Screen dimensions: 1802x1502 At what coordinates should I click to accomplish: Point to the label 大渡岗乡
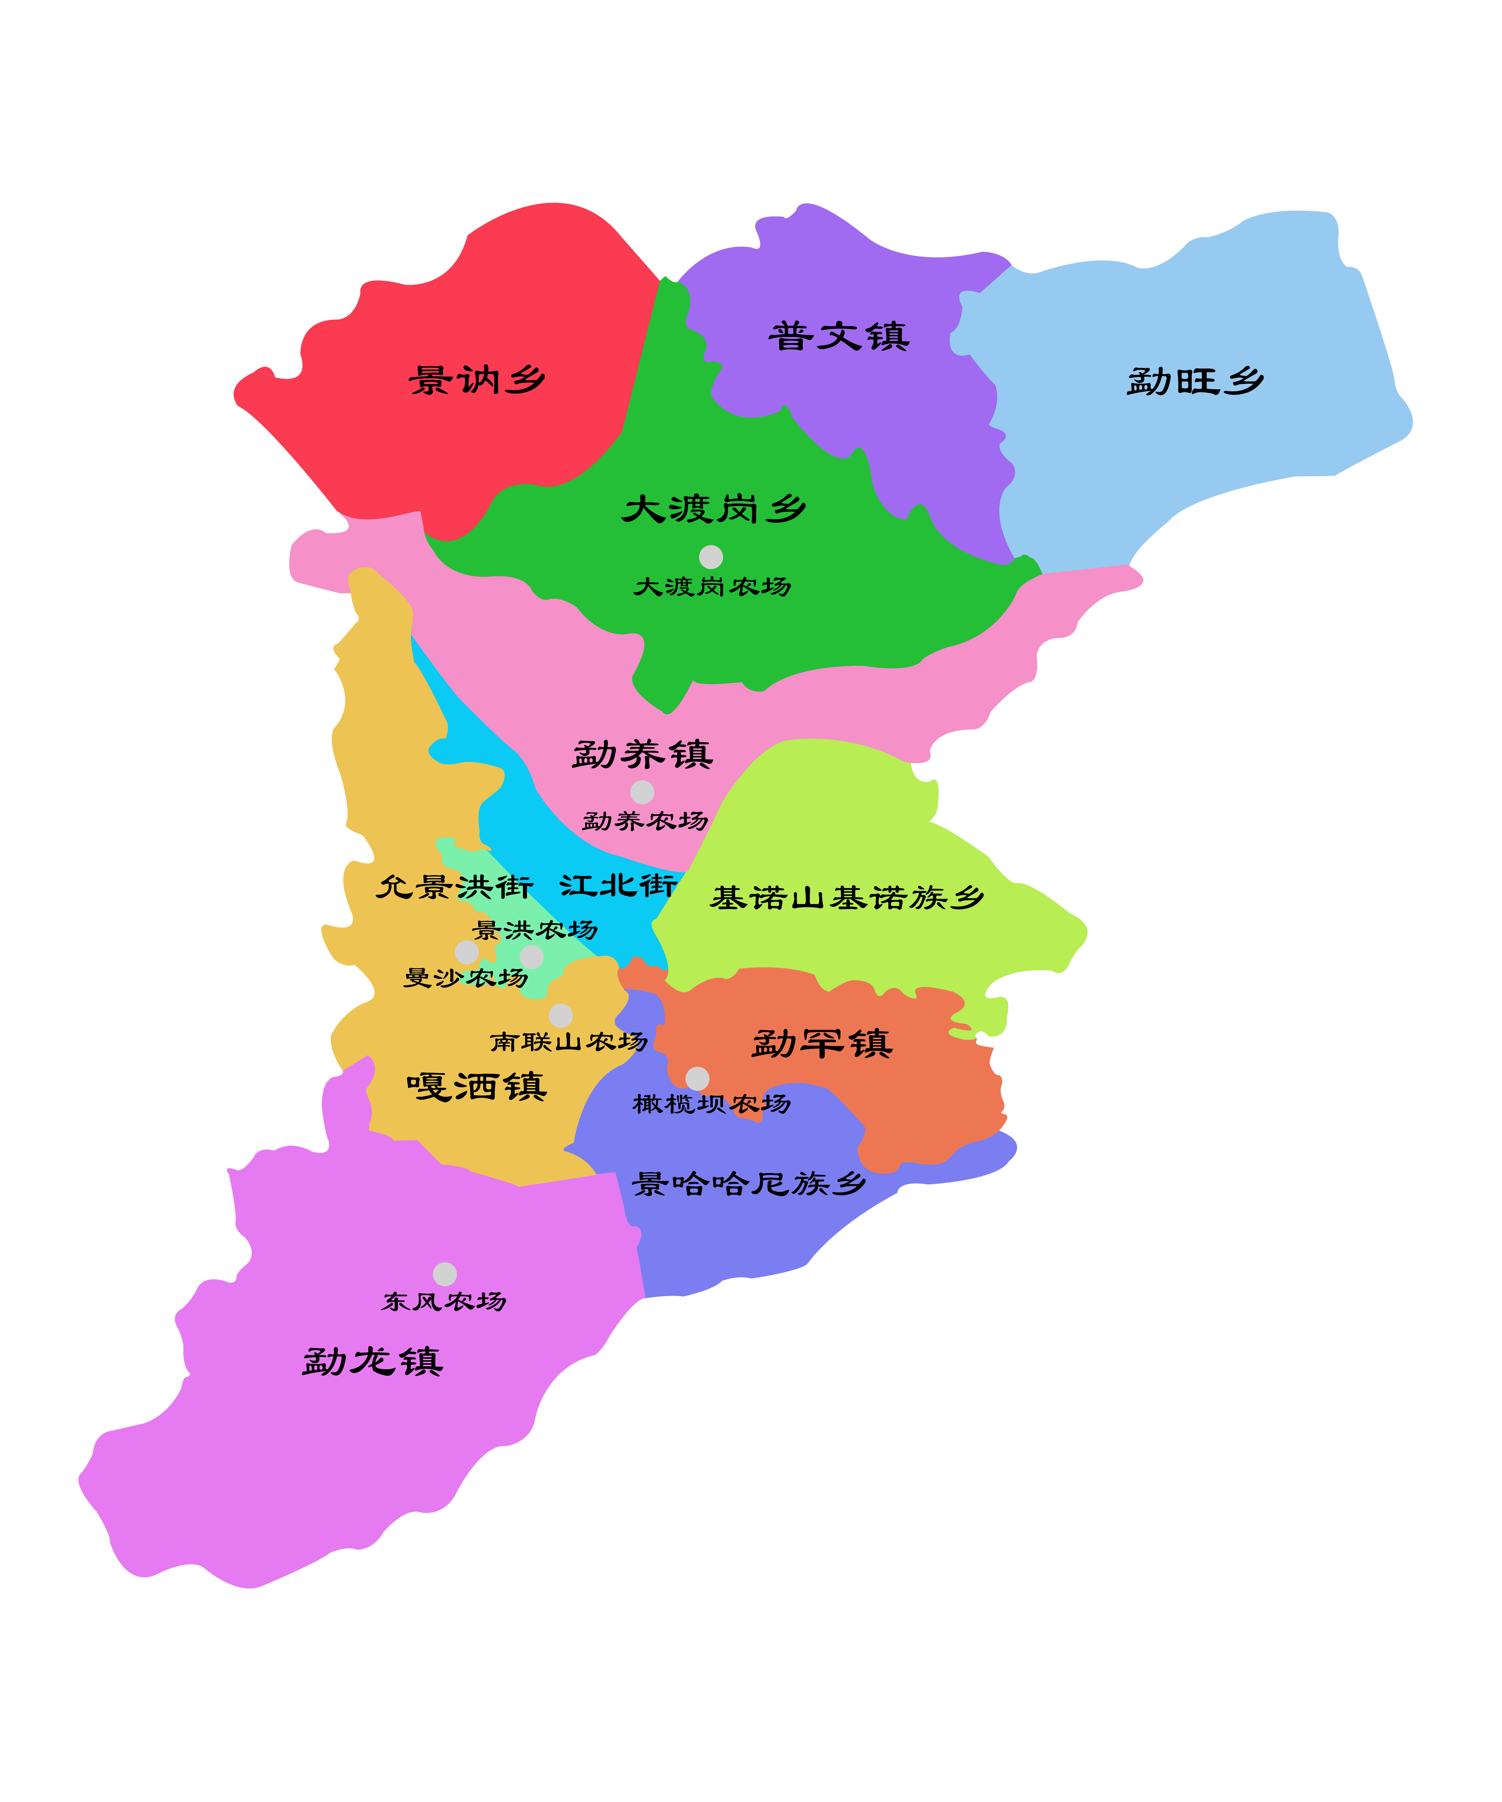[713, 509]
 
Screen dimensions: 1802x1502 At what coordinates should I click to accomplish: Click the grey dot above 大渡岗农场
[711, 557]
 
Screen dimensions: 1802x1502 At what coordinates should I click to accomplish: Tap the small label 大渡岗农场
[712, 587]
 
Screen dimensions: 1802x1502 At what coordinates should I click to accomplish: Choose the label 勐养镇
[642, 754]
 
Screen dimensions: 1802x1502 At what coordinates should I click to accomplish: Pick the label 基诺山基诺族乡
[846, 898]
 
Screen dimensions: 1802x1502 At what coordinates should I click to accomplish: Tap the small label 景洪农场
[535, 929]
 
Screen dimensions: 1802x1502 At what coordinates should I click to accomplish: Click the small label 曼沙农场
[466, 977]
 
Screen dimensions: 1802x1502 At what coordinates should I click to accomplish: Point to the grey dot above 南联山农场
[561, 1015]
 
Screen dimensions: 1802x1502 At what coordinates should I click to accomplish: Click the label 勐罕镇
[822, 1043]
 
